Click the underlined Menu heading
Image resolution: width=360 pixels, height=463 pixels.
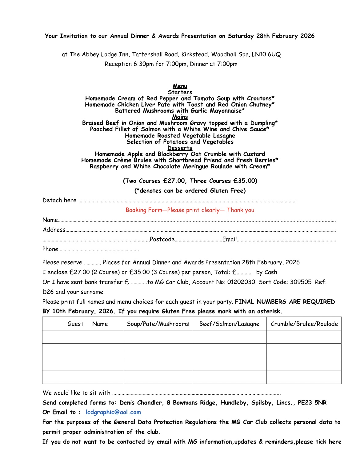pyautogui.click(x=180, y=86)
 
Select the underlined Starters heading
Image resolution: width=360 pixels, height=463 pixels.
pyautogui.click(x=180, y=92)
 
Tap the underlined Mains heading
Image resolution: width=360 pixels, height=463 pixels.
pyautogui.click(x=180, y=117)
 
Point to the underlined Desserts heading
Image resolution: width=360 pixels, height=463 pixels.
pyautogui.click(x=180, y=148)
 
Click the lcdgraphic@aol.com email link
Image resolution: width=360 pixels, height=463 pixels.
pyautogui.click(x=113, y=412)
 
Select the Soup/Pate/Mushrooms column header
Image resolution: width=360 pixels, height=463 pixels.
pyautogui.click(x=158, y=324)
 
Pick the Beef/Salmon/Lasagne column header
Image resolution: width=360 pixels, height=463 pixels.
pyautogui.click(x=229, y=324)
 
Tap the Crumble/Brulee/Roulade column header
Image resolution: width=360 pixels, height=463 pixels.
pyautogui.click(x=304, y=324)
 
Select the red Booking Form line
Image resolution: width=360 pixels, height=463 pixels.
pyautogui.click(x=190, y=210)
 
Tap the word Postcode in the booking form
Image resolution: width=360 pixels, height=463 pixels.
pyautogui.click(x=162, y=239)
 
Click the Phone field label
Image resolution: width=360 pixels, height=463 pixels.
pyautogui.click(x=50, y=249)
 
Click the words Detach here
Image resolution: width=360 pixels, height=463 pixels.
pyautogui.click(x=59, y=200)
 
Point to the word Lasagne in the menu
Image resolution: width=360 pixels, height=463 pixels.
pyautogui.click(x=224, y=136)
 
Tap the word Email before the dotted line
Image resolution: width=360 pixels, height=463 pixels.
pyautogui.click(x=229, y=239)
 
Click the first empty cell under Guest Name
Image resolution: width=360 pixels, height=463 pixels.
pyautogui.click(x=83, y=337)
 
